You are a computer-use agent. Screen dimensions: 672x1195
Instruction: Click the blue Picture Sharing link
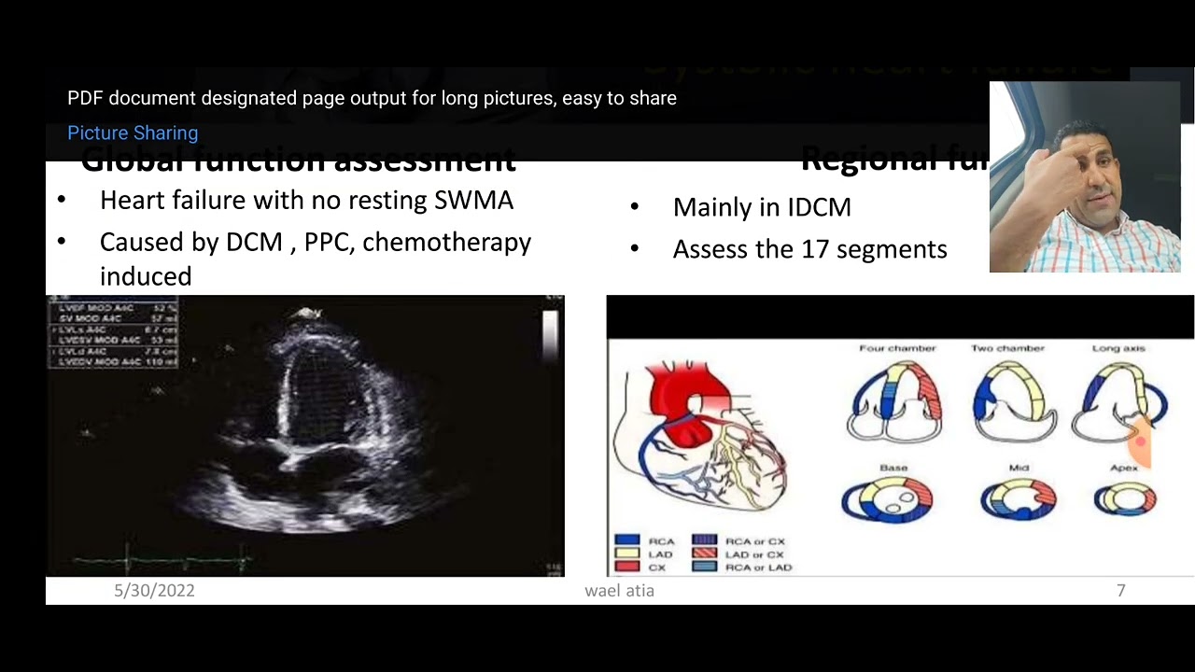(x=133, y=133)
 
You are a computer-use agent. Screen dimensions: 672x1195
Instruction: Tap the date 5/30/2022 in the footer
(x=154, y=590)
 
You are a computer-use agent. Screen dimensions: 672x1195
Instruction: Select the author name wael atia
(x=619, y=590)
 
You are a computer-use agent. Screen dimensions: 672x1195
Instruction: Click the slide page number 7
(x=1120, y=590)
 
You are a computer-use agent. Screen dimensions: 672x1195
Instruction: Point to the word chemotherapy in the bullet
(x=446, y=242)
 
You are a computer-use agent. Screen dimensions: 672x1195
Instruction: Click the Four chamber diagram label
(x=896, y=348)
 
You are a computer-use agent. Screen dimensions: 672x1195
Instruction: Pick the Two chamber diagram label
(x=1007, y=348)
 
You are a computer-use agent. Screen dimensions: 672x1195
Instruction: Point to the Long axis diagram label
(x=1118, y=348)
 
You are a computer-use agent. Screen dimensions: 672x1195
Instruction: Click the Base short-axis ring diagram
(x=886, y=500)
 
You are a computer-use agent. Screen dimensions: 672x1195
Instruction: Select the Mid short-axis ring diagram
(x=1018, y=499)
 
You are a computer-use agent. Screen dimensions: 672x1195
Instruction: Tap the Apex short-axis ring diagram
(x=1125, y=499)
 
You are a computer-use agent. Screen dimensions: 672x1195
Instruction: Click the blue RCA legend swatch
(x=627, y=540)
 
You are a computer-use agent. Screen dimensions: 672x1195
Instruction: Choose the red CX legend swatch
(x=627, y=567)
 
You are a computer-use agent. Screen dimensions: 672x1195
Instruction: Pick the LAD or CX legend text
(x=754, y=554)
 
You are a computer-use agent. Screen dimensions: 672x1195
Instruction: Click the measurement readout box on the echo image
(x=112, y=333)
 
